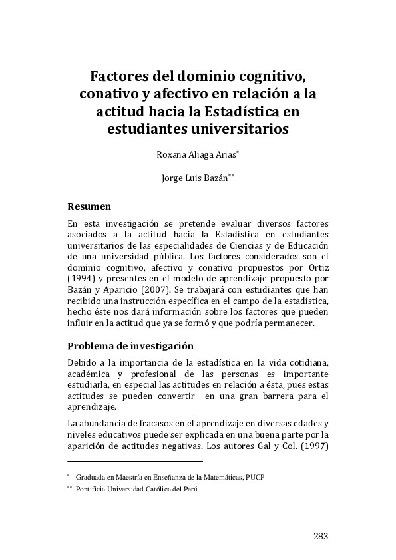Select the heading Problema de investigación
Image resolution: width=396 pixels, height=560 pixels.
(x=130, y=346)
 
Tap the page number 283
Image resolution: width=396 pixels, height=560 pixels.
(x=320, y=537)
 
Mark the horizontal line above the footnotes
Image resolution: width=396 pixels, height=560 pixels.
(x=135, y=460)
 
